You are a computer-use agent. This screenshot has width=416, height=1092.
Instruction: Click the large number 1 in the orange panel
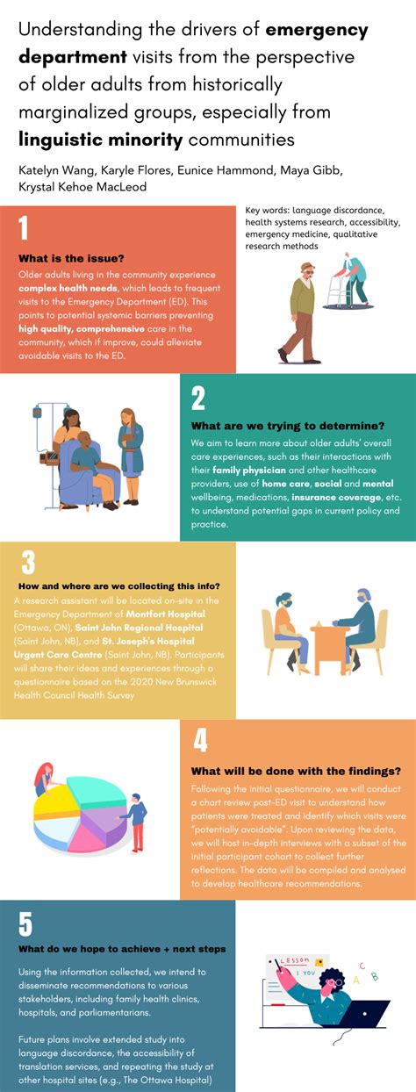pyautogui.click(x=24, y=228)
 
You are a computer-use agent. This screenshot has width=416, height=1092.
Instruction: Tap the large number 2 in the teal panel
pyautogui.click(x=198, y=398)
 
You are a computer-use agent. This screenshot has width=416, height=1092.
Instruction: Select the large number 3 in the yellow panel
pyautogui.click(x=28, y=563)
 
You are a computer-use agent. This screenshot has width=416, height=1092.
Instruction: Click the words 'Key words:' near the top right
pyautogui.click(x=267, y=211)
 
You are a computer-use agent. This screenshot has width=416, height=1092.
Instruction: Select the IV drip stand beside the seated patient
pyautogui.click(x=39, y=439)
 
